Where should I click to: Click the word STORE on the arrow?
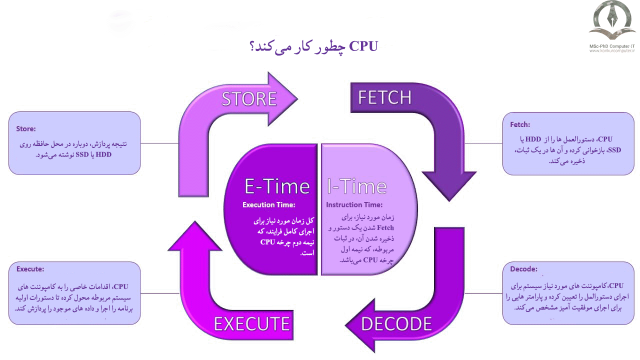[x=249, y=98]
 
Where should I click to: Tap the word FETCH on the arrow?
[x=384, y=97]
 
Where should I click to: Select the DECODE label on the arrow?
[x=396, y=324]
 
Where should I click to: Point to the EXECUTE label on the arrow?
[x=251, y=324]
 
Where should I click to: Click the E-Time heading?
[x=276, y=186]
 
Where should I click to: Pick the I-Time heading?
[x=356, y=186]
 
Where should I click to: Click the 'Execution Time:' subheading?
[x=268, y=204]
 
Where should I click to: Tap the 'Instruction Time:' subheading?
[x=354, y=204]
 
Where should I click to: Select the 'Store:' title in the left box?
[x=26, y=128]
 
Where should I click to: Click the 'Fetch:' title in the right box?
[x=520, y=124]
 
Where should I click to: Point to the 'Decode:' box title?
[x=523, y=269]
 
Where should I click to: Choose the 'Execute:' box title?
[x=30, y=268]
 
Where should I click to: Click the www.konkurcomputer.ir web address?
[x=611, y=50]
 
